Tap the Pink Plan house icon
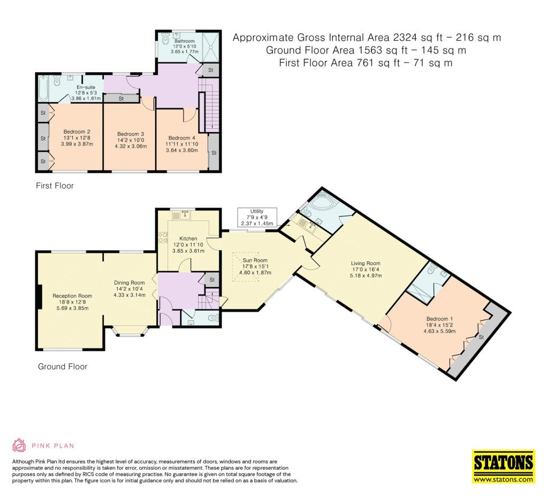19,445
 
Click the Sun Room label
255,266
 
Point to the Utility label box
257,218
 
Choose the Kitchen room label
188,244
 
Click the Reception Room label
72,302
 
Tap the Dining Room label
130,289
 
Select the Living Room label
366,269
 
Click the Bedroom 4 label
182,144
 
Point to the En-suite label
86,93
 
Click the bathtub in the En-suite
43,88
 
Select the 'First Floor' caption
55,185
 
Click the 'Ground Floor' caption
63,367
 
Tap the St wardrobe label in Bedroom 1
481,337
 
